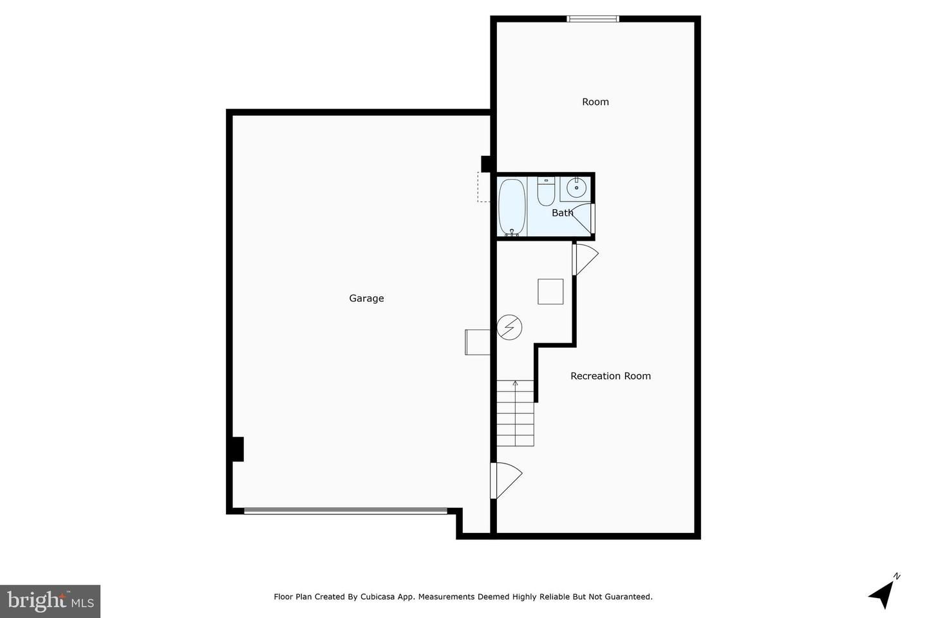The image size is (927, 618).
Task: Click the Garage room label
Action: (x=366, y=299)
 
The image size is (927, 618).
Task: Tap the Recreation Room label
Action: (x=610, y=376)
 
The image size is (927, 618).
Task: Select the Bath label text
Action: (x=563, y=213)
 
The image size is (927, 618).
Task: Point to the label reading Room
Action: (x=595, y=102)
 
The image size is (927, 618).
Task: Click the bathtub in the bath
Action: (x=512, y=207)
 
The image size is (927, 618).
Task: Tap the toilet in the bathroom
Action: (x=546, y=191)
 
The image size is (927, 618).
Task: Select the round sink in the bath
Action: (x=576, y=188)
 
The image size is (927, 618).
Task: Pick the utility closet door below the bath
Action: (x=585, y=259)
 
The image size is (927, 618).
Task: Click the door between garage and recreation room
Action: (x=506, y=481)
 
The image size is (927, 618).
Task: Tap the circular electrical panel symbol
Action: (x=509, y=328)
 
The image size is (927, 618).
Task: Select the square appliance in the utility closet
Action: (x=550, y=292)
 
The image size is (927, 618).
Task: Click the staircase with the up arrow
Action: (x=515, y=413)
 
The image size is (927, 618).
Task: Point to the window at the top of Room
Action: (x=593, y=19)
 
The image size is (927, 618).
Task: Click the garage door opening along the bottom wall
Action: (x=346, y=510)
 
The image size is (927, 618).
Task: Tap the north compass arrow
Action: (x=883, y=594)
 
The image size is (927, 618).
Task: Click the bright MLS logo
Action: (x=50, y=601)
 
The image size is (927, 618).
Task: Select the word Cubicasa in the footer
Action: (x=378, y=597)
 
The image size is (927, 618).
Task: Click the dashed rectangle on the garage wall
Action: (x=484, y=187)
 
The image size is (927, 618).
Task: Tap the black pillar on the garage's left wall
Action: (x=237, y=449)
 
